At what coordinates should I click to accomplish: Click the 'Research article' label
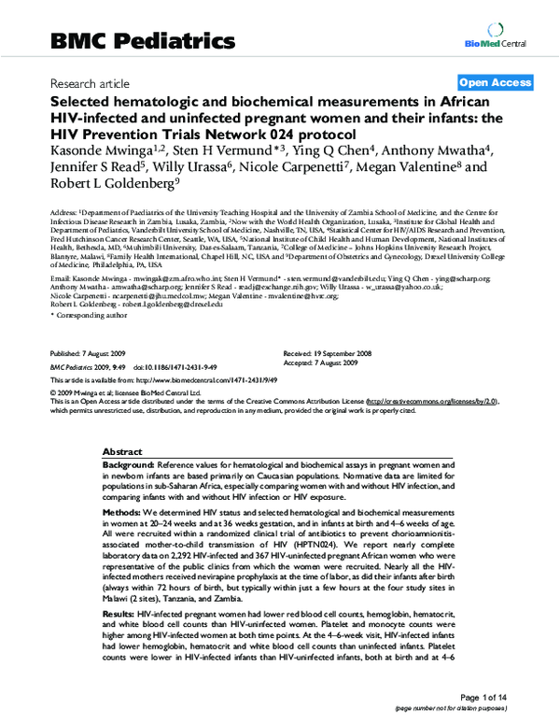tap(91, 83)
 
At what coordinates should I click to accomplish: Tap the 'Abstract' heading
tap(122, 450)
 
